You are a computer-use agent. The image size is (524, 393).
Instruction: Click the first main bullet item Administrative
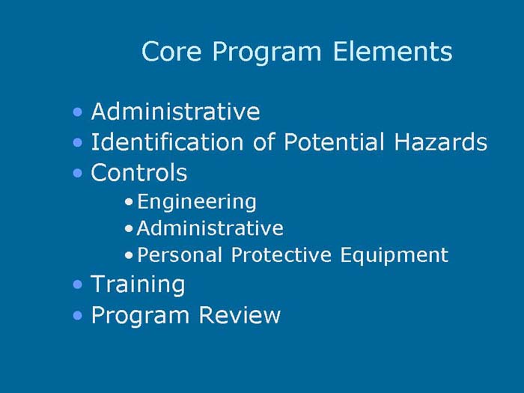pos(175,112)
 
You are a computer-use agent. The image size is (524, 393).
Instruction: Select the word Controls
pos(138,173)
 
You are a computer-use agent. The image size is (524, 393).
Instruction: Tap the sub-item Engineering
pos(197,202)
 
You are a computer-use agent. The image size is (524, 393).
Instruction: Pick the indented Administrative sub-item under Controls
pos(210,228)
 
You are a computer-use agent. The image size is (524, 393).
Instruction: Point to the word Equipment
pos(394,256)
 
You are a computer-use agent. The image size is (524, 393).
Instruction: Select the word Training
pos(138,285)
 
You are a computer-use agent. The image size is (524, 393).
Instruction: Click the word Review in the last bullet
pos(239,315)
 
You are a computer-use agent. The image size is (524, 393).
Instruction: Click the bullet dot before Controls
pos(79,174)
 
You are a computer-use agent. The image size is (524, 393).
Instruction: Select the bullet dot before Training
pos(79,285)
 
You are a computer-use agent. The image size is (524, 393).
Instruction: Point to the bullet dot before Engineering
pos(130,202)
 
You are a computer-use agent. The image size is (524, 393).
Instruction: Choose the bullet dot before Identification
pos(79,142)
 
